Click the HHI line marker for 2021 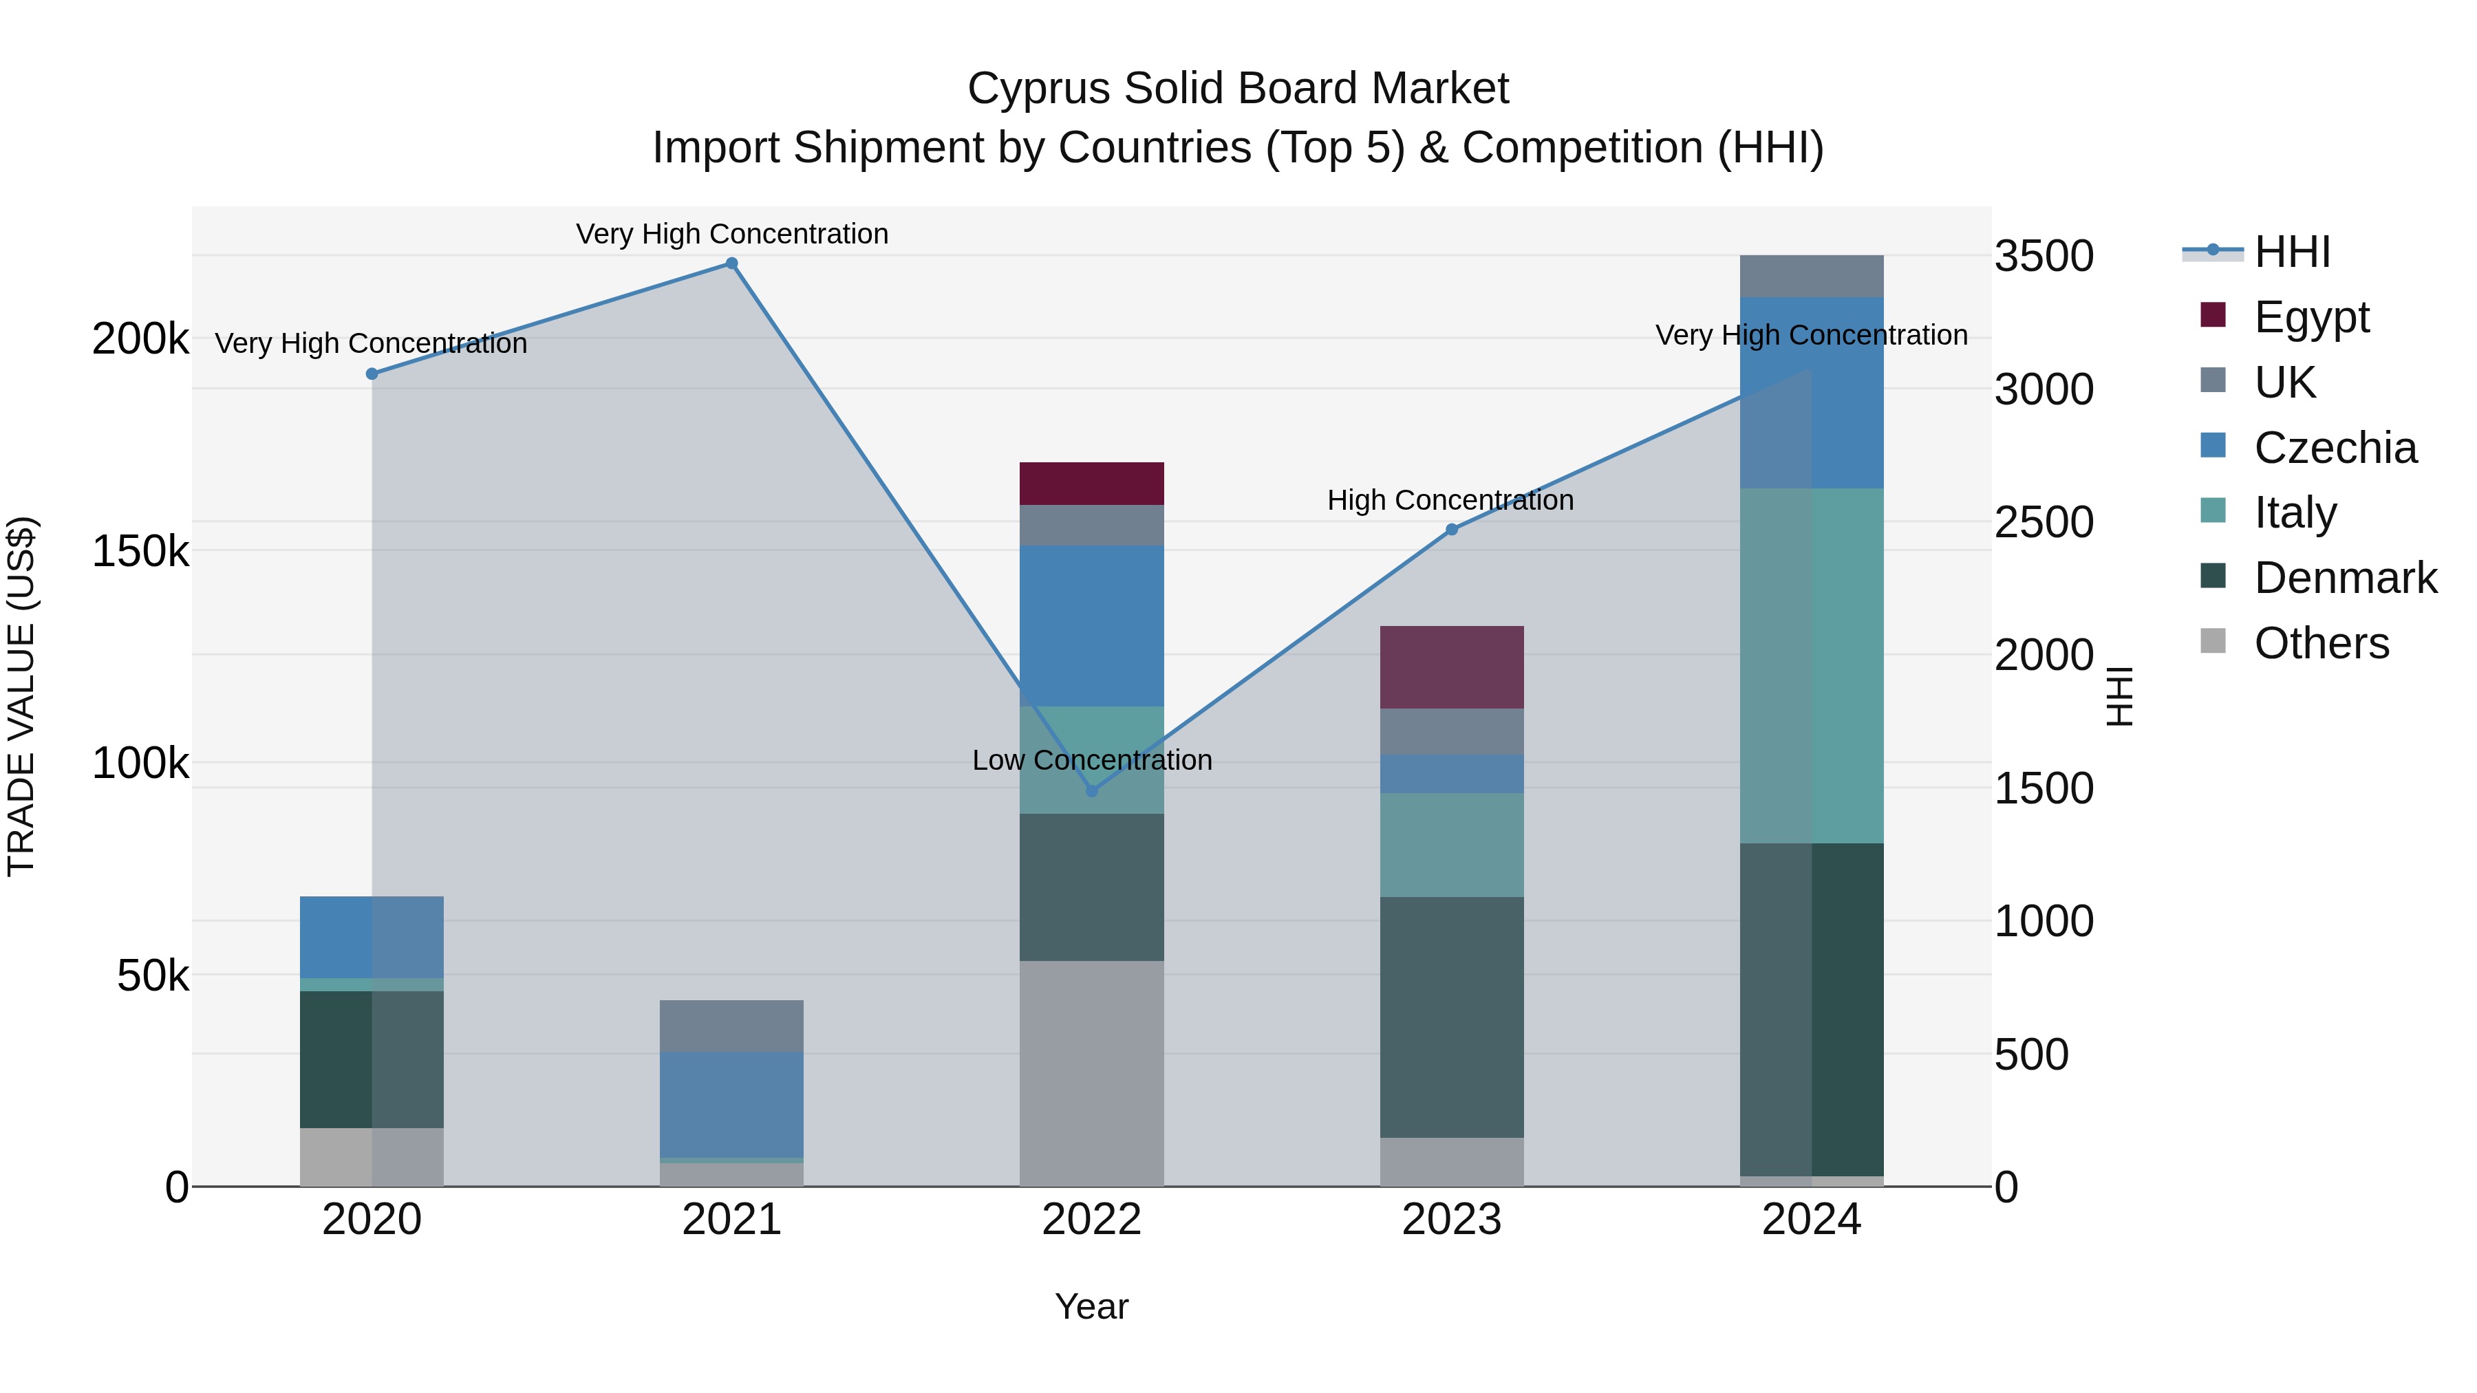(732, 263)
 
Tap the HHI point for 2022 (1091, 791)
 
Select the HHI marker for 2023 (1452, 530)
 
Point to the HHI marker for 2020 (372, 374)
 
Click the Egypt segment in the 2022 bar (1091, 484)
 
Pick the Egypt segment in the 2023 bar (1452, 667)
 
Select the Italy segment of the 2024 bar (1812, 665)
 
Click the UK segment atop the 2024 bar (1812, 276)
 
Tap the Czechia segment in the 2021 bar (732, 1105)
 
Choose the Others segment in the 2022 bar (1091, 1073)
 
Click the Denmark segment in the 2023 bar (1452, 1017)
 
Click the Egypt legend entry (2310, 317)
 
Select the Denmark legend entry (2344, 578)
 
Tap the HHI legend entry (2291, 252)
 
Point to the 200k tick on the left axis (140, 338)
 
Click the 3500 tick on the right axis (2044, 256)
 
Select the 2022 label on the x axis (1091, 1220)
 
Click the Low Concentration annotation (1091, 759)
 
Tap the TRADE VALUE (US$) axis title (21, 696)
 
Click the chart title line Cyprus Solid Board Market (1238, 89)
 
